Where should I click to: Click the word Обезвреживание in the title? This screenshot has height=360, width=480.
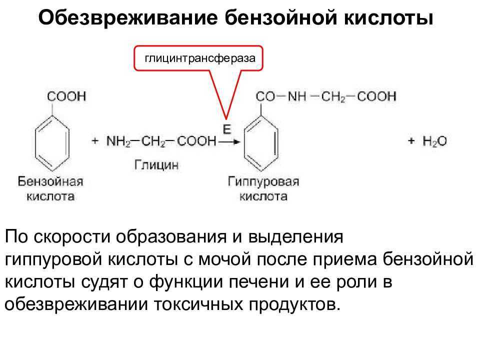coord(128,17)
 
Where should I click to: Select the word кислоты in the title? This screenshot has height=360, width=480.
coord(388,17)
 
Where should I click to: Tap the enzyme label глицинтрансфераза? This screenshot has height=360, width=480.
coord(200,58)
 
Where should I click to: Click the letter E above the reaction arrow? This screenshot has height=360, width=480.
coord(227,129)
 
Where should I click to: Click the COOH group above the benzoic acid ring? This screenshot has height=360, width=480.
coord(66,96)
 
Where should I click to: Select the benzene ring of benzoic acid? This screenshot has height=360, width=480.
coord(52,143)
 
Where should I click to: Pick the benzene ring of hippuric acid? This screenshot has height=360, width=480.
coord(261,143)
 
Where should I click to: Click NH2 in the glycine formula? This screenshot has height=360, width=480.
coord(118,141)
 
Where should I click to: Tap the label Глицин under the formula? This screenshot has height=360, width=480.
coord(156,165)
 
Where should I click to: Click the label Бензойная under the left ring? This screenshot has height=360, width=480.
coord(50,181)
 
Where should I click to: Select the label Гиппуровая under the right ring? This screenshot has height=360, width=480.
coord(263,181)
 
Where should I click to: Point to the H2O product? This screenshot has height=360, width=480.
coord(434,141)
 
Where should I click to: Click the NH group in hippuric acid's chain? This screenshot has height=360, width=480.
coord(297,96)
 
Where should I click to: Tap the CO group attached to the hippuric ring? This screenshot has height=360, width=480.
coord(265,96)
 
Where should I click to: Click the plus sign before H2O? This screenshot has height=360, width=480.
coord(411,141)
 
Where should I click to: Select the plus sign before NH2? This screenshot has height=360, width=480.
coord(95,141)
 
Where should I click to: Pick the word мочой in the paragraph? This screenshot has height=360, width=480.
coord(222,259)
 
